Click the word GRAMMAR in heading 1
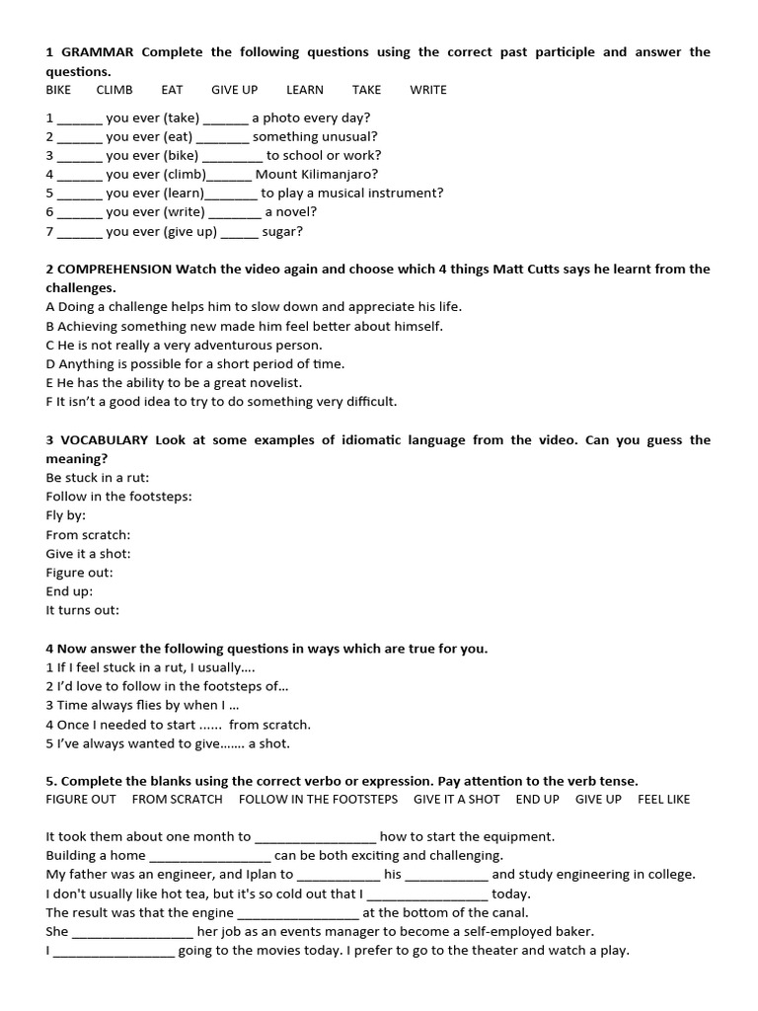click(98, 52)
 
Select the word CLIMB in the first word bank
click(114, 90)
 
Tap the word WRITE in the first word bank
click(428, 90)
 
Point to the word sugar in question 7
click(282, 232)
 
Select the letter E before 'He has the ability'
click(49, 383)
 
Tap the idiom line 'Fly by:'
click(66, 516)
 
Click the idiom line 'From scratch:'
click(88, 535)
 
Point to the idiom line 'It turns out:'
click(82, 611)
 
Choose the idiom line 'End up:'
click(69, 591)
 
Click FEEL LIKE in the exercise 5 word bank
click(663, 800)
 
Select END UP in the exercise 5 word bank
click(537, 800)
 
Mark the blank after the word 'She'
click(132, 932)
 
